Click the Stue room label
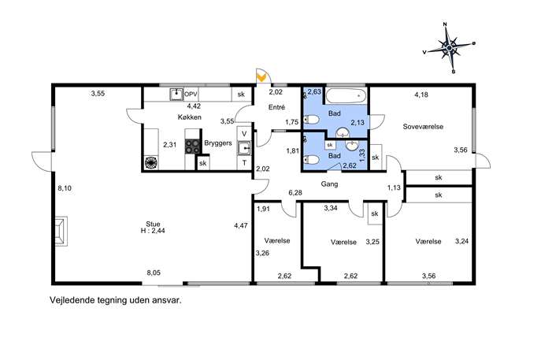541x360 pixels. (153, 224)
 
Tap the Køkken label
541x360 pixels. (190, 117)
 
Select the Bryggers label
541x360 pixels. (218, 143)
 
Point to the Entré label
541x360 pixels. (276, 107)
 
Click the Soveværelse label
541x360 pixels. (423, 127)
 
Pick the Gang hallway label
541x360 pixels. (329, 184)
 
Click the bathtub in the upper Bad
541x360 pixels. (346, 95)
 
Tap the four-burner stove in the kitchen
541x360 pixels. (193, 146)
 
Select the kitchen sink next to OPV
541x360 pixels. (176, 95)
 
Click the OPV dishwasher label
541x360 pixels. (191, 94)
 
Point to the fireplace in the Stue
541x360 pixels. (61, 232)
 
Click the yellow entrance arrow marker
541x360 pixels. (262, 77)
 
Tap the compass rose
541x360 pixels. (449, 48)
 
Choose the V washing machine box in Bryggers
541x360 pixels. (245, 134)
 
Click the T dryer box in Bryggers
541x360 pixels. (245, 163)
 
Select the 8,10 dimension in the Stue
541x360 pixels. (65, 188)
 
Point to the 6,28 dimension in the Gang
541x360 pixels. (295, 192)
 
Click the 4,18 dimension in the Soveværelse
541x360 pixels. (421, 95)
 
